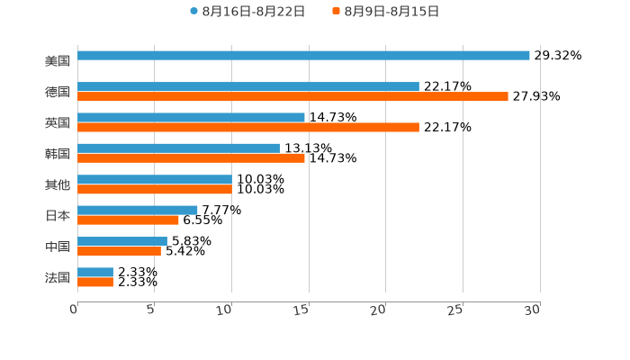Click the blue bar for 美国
(x=303, y=56)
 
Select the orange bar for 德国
(x=292, y=97)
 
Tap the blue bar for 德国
(x=248, y=86)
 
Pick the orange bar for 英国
(x=248, y=128)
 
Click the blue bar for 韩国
(x=178, y=148)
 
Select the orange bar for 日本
(x=128, y=220)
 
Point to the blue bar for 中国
(x=122, y=241)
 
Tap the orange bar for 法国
(x=95, y=283)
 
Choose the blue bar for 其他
(x=155, y=179)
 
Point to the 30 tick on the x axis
(x=533, y=310)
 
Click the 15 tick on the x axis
(x=302, y=310)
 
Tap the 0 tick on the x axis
(x=74, y=310)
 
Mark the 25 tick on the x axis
(x=456, y=310)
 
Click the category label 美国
(x=58, y=61)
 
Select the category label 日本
(x=58, y=216)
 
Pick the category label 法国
(x=58, y=277)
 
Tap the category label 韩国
(x=58, y=153)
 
